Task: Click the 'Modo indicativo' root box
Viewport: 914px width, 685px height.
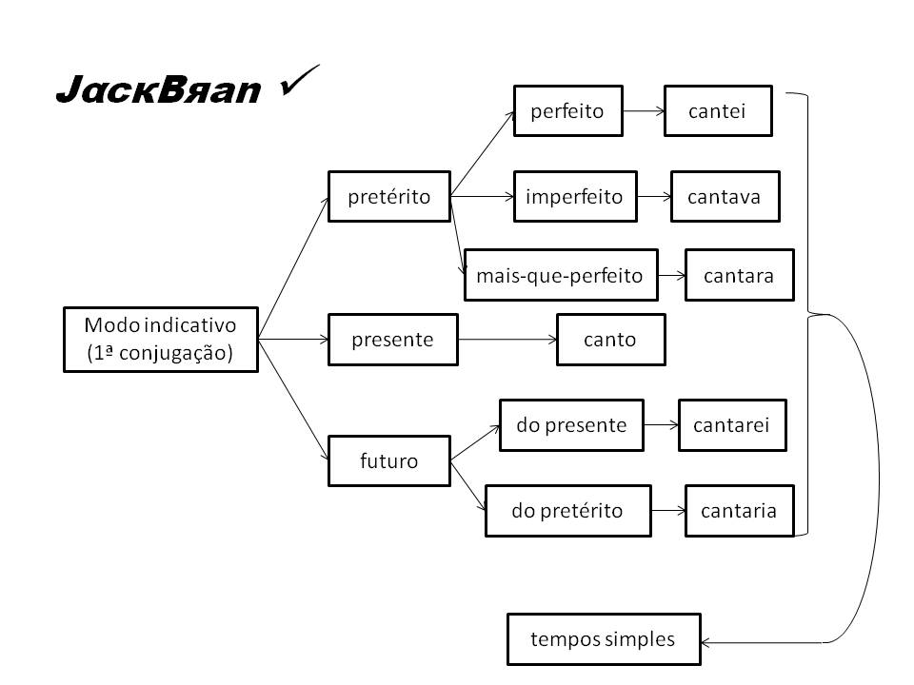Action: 160,339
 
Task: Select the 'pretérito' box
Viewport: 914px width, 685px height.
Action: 388,197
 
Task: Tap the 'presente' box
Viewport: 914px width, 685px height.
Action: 392,340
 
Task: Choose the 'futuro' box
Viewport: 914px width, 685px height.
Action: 388,460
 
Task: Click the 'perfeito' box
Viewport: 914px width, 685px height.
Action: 567,111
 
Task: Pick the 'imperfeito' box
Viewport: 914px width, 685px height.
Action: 574,197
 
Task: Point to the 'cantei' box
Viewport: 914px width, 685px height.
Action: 717,111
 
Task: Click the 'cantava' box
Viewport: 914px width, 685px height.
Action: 725,197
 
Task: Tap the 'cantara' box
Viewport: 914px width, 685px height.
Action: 739,276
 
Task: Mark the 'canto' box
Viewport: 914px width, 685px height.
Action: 610,340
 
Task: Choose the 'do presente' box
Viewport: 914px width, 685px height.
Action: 571,425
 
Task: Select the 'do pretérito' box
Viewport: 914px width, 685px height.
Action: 567,511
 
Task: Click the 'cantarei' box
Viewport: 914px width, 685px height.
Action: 732,425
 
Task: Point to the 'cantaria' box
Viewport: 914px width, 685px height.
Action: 739,511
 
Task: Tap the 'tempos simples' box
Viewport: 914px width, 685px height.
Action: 603,639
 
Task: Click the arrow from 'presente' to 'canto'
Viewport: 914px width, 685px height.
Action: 507,340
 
